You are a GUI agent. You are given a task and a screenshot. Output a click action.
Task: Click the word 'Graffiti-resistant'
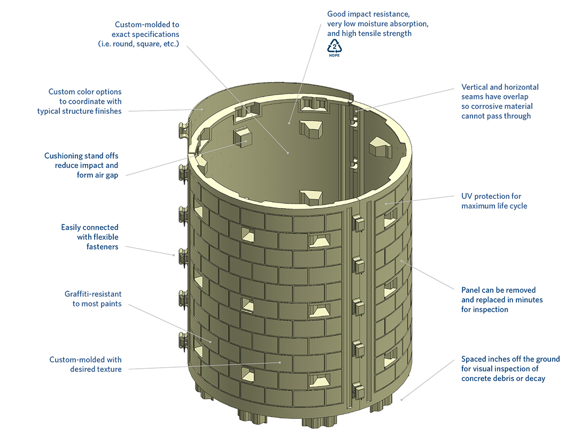pos(93,294)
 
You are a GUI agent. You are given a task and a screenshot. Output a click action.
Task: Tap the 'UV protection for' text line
pos(491,196)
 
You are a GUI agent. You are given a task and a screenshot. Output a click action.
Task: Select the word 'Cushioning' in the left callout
pos(64,156)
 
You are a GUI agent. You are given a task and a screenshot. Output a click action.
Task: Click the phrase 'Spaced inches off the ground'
pos(510,359)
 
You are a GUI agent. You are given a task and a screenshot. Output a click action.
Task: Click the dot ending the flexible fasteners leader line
pos(174,255)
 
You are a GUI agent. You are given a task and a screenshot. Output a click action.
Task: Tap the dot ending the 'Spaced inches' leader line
pos(401,398)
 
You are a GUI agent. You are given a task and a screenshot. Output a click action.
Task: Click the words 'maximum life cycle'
pos(494,206)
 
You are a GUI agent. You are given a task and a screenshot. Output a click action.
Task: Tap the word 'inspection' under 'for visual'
pos(519,369)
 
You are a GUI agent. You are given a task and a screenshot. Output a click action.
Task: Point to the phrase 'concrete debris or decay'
pos(503,378)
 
